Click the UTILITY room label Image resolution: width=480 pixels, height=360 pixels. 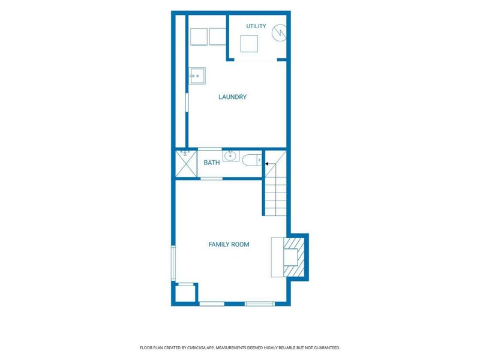click(256, 26)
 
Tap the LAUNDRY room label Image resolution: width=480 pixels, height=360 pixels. click(232, 97)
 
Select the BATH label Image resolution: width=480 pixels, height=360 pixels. click(212, 163)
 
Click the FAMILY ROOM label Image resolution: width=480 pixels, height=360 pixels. click(229, 244)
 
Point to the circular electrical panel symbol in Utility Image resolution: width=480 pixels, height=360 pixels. click(279, 33)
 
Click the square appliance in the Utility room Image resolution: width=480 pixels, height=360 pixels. click(249, 43)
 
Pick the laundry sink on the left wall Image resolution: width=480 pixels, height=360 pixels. click(197, 76)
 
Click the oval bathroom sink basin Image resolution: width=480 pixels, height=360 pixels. click(230, 156)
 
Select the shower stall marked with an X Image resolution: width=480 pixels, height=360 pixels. click(186, 164)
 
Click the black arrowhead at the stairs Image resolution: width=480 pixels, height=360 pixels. click(266, 164)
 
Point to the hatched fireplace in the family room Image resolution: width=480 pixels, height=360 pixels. click(294, 257)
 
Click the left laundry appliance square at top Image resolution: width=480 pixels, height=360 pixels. click(199, 37)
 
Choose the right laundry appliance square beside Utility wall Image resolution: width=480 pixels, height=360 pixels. click(218, 37)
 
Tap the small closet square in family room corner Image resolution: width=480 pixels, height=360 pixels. click(185, 293)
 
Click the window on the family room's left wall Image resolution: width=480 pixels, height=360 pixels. click(173, 263)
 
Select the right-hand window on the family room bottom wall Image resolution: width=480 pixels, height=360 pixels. click(260, 304)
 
